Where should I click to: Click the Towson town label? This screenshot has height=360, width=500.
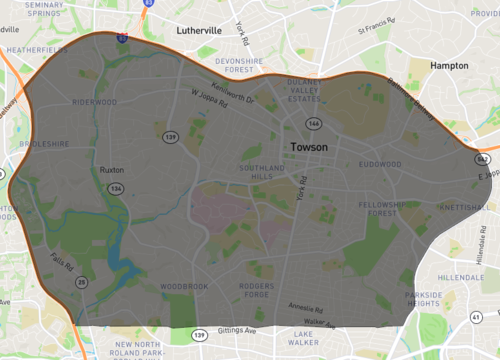[x=308, y=146]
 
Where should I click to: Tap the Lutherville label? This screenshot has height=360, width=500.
[x=198, y=30]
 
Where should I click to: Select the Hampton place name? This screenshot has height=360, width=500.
[x=448, y=64]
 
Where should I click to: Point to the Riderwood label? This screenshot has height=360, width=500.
[x=95, y=102]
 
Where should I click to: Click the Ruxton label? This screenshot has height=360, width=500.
[x=112, y=170]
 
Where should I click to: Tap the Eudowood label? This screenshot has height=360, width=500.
[x=380, y=164]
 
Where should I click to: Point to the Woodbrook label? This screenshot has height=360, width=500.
[x=183, y=287]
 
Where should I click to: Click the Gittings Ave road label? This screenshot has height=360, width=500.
[x=237, y=331]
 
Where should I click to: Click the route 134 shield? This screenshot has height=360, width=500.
[x=118, y=188]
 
